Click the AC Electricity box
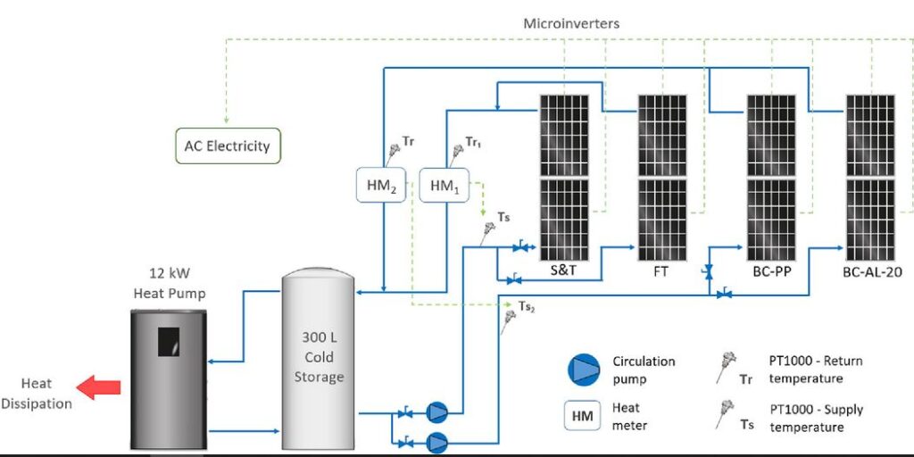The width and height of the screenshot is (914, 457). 227,145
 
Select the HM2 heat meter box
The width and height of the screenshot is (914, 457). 381,185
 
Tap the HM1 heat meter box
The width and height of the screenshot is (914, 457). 445,185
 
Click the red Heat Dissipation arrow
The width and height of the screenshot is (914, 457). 98,386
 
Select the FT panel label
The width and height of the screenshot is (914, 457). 661,270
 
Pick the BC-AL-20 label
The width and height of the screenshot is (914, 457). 872,270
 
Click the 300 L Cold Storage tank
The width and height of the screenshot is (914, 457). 319,361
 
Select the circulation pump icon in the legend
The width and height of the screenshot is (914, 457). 585,370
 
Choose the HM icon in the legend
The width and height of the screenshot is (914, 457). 585,415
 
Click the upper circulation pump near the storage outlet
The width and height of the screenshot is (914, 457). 436,412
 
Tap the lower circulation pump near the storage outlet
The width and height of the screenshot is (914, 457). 436,441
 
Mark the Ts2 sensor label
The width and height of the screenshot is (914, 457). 527,306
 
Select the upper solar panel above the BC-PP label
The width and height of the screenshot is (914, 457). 771,134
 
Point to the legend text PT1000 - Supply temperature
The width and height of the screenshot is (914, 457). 816,417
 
